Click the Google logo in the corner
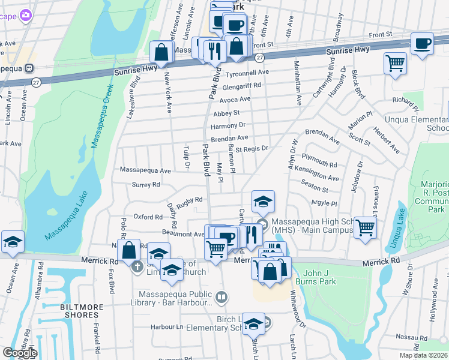(x=19, y=353)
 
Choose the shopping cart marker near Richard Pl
(x=395, y=62)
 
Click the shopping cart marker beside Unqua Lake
(x=364, y=227)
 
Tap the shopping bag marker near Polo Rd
(x=129, y=251)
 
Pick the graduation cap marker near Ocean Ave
(x=13, y=241)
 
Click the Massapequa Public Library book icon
(x=221, y=296)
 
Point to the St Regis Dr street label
(x=251, y=148)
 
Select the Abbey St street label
(x=226, y=113)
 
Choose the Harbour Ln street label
(x=166, y=327)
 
